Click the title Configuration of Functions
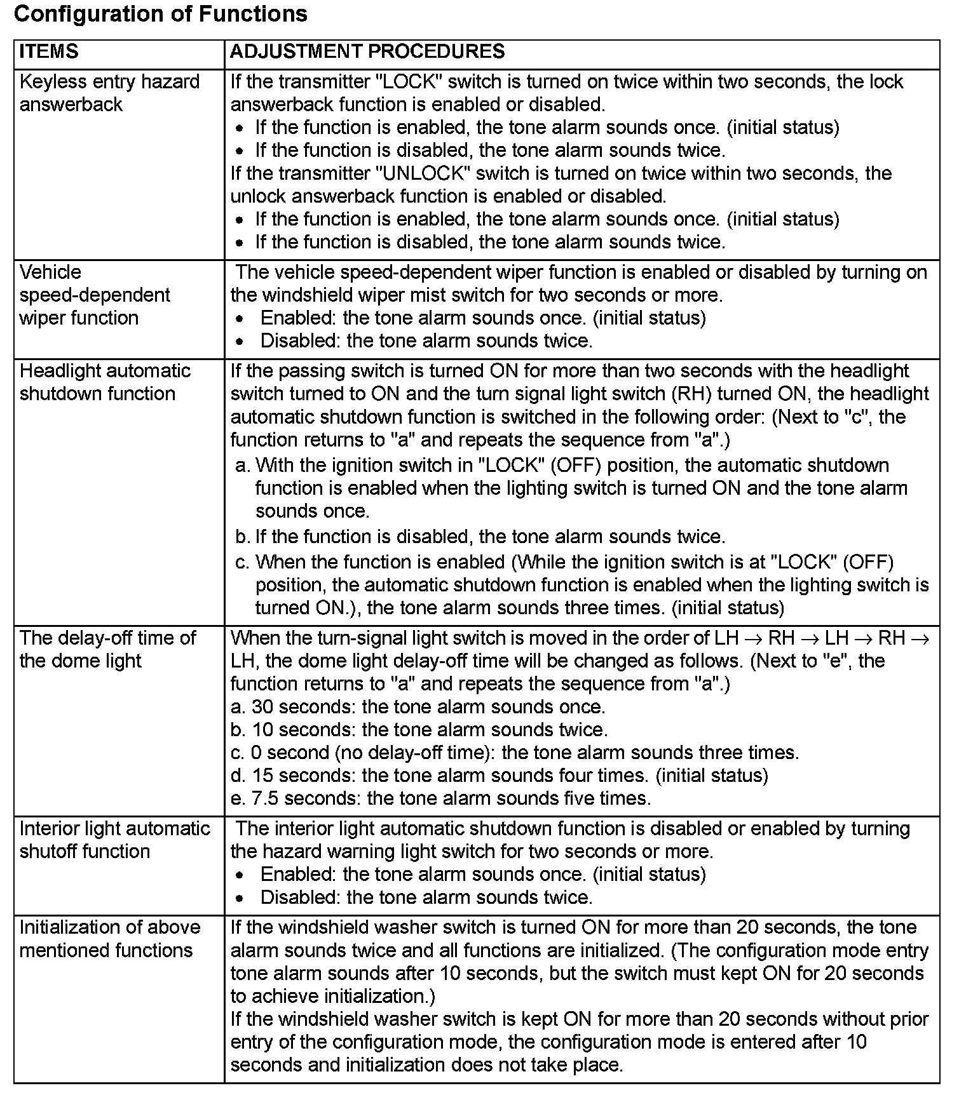pyautogui.click(x=160, y=14)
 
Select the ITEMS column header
pyautogui.click(x=49, y=51)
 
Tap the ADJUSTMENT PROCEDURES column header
pyautogui.click(x=367, y=51)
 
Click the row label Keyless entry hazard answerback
pyautogui.click(x=109, y=93)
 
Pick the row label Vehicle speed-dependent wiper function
pyautogui.click(x=95, y=295)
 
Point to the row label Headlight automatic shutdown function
pyautogui.click(x=105, y=382)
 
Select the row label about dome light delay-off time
pyautogui.click(x=107, y=649)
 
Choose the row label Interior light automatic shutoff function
pyautogui.click(x=114, y=840)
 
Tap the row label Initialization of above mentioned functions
pyautogui.click(x=109, y=939)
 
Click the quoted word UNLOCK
pyautogui.click(x=422, y=173)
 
